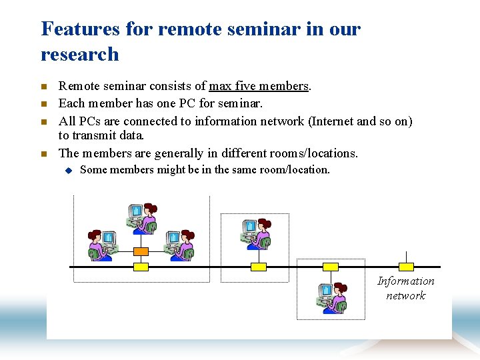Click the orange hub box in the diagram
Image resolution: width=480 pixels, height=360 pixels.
[141, 251]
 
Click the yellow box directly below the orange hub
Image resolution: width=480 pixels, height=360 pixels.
[141, 267]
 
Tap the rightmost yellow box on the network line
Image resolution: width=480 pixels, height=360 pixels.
[405, 267]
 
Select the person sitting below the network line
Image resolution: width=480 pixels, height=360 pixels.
[331, 298]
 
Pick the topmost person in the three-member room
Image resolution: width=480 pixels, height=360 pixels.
[142, 218]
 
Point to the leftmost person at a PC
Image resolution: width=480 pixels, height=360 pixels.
[102, 245]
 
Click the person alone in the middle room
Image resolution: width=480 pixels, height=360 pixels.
[256, 234]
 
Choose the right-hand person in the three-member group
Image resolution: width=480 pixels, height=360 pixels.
[179, 245]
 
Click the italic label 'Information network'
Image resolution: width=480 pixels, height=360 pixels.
[405, 289]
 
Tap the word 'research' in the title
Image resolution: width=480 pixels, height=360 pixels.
[80, 54]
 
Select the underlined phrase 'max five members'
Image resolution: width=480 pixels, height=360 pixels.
[259, 86]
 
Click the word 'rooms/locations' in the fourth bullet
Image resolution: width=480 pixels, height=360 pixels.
[309, 153]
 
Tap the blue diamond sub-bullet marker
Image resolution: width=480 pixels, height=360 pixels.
[67, 170]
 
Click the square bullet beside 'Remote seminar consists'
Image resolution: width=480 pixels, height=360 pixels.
[44, 87]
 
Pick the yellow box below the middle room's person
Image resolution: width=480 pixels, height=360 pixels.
[258, 267]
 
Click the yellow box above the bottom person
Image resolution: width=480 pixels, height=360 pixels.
[331, 267]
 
